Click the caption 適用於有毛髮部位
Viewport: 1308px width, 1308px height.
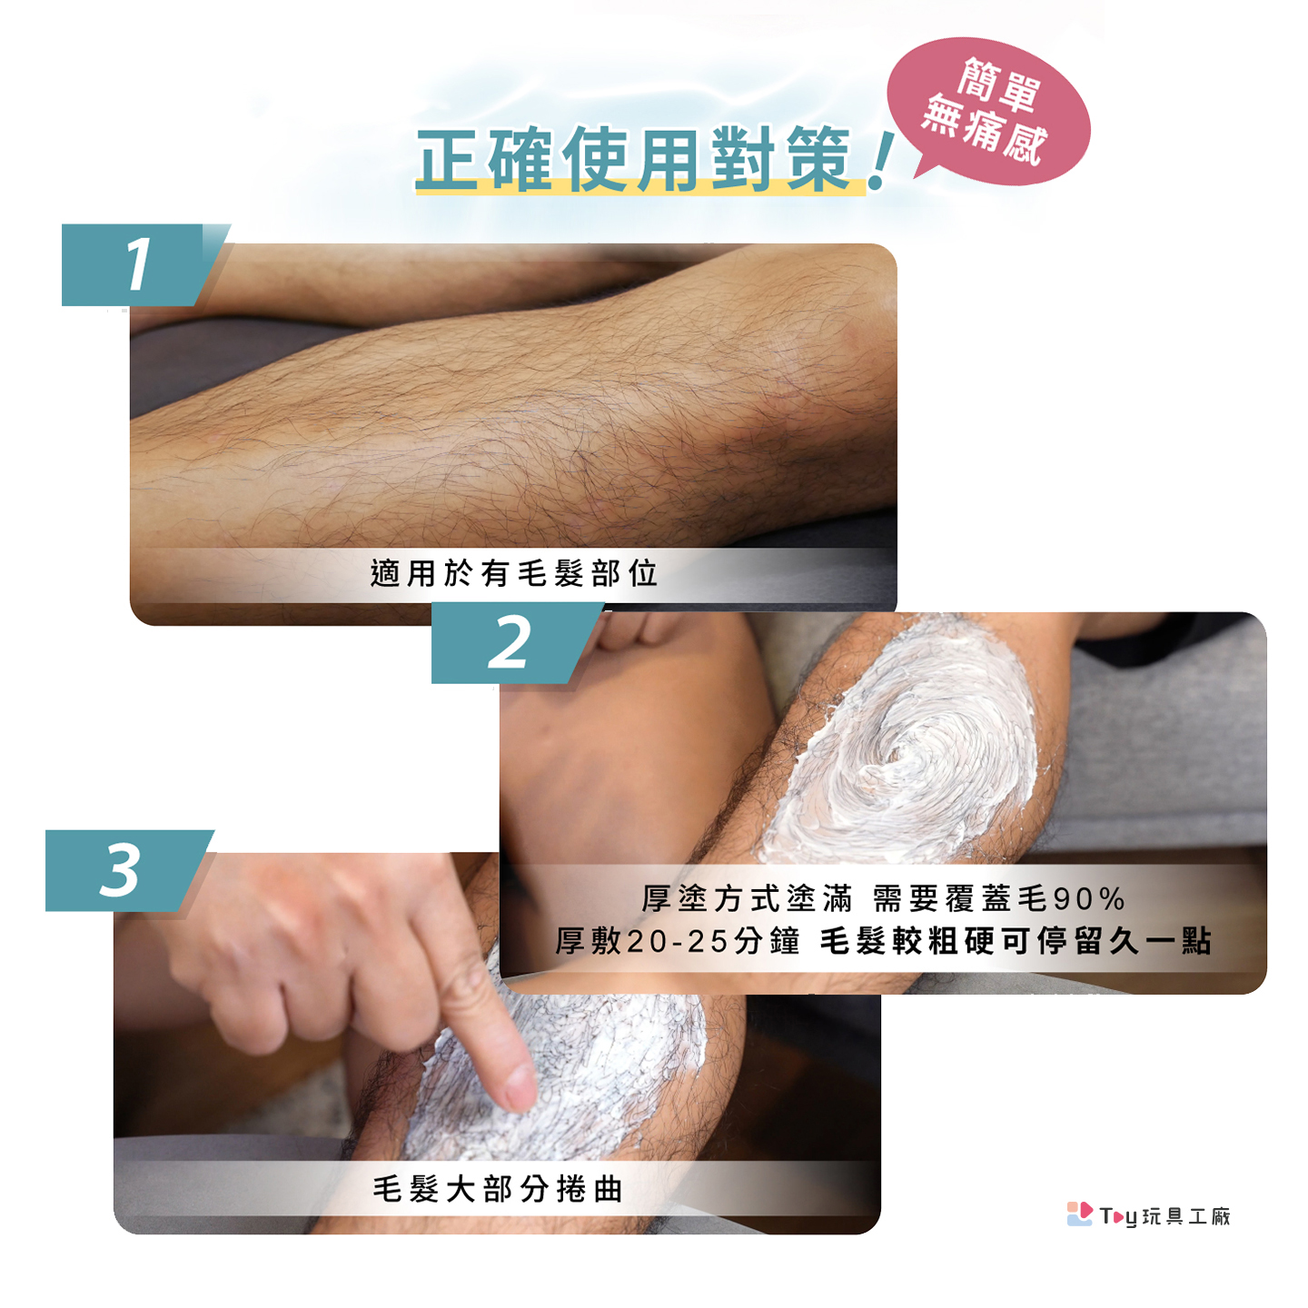[514, 573]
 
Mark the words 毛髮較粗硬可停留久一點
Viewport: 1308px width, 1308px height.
[1016, 941]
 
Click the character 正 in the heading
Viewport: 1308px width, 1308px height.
[450, 159]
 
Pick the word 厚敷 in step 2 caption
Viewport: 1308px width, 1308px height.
[588, 941]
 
